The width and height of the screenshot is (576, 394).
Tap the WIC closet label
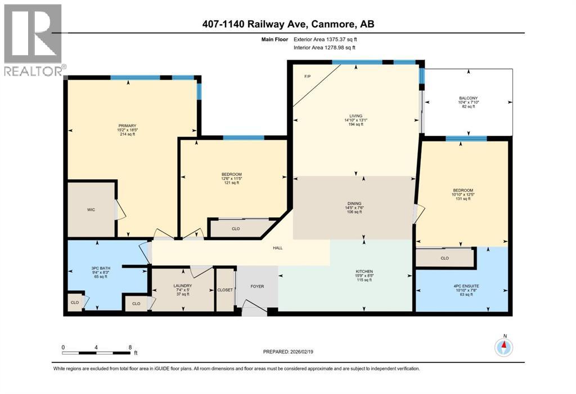pos(91,209)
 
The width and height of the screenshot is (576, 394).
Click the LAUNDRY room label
pos(183,286)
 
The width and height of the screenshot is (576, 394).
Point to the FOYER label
pos(257,286)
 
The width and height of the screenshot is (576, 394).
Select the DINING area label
pos(353,203)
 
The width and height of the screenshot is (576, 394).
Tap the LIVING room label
pos(355,116)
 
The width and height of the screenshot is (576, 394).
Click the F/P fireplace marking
pos(307,76)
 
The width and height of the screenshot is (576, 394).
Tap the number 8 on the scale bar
pos(130,347)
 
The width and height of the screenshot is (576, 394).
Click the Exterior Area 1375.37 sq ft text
pos(325,39)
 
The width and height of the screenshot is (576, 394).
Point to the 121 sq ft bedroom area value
pos(231,183)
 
